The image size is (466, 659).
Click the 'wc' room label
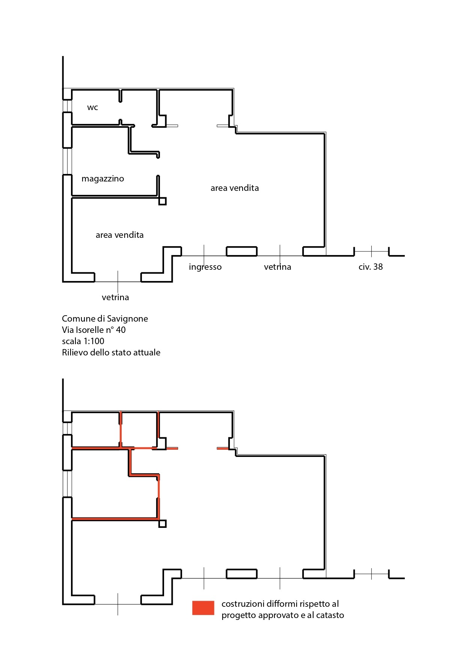coord(92,107)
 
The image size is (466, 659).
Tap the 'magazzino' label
coord(103,179)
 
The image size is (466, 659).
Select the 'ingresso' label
coord(205,267)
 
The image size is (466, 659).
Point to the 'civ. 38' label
coord(370,267)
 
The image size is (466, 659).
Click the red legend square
coord(203,608)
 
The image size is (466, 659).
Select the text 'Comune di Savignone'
coord(105,319)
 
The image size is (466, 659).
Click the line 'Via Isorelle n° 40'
coord(94,330)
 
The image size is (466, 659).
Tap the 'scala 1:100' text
coord(83,341)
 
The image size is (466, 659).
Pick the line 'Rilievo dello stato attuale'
coord(111,352)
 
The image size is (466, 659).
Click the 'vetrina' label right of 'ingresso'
coord(277,267)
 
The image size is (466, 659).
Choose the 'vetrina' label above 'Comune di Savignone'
coord(115,298)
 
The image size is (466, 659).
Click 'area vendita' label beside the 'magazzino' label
coord(234,188)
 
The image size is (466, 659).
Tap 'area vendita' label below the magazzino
coord(119,235)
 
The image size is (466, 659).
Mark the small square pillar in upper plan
coord(163,201)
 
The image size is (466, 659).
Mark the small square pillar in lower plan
coord(163,523)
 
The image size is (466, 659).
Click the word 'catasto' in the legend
coord(330,615)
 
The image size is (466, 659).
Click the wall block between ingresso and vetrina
coord(241,251)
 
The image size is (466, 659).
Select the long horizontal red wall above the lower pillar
coord(115,519)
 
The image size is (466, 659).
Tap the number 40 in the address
coord(121,330)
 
